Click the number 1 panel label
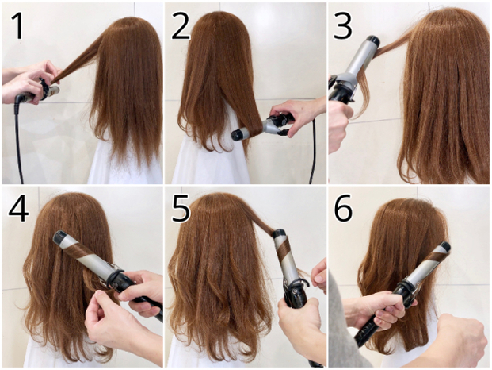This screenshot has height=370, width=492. click(x=18, y=26)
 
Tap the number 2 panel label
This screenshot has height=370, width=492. click(x=181, y=26)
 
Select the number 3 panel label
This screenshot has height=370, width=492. click(x=343, y=26)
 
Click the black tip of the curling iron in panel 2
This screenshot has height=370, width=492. click(x=238, y=134)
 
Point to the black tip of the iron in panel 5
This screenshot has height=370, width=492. click(x=279, y=233)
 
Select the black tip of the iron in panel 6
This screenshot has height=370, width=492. click(x=445, y=247)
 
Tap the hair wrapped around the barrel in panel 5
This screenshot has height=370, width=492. click(x=284, y=249)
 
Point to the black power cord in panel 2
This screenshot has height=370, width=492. click(x=313, y=148)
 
